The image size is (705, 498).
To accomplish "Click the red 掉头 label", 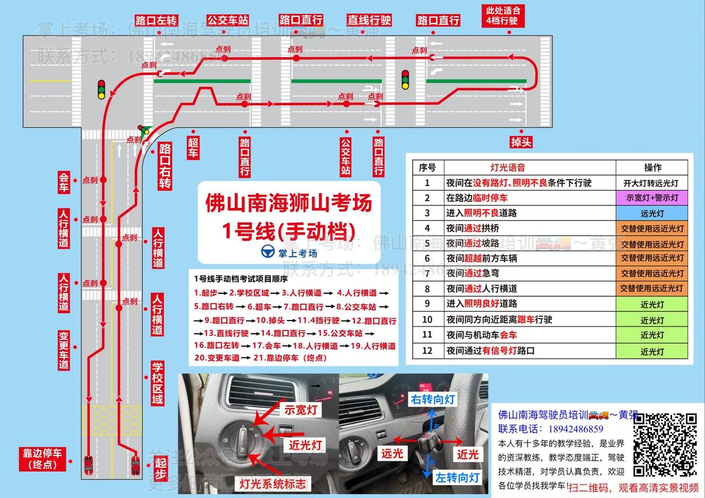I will tap(521, 142).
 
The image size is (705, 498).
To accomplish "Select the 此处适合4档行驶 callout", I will tap(503, 16).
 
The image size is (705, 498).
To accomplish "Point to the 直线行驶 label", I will tap(369, 20).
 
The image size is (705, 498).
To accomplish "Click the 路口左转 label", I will tap(156, 19).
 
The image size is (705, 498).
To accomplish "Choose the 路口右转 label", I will tap(164, 166).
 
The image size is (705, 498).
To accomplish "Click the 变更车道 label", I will tap(63, 350).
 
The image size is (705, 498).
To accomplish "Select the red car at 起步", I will tap(135, 464).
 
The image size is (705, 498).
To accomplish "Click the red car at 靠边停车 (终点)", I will tap(88, 464).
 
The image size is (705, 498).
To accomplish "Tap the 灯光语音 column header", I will tap(508, 167).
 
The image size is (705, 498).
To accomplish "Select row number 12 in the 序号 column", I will tap(427, 351).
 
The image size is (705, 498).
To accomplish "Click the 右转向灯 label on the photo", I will tap(433, 399).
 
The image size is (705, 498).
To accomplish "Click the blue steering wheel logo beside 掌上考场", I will tap(268, 253).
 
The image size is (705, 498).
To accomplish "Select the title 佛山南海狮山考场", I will tap(288, 204).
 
